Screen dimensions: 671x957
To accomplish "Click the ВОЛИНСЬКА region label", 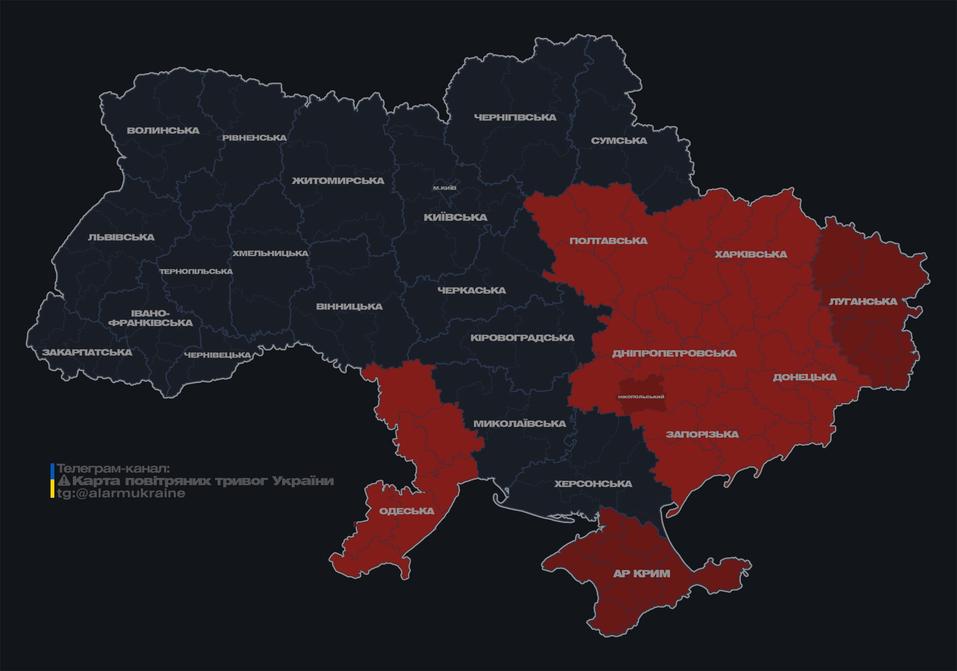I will pos(163,131).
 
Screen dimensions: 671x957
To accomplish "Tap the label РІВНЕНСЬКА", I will pos(254,138).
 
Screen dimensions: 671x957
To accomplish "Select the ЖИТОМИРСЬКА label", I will pos(338,181).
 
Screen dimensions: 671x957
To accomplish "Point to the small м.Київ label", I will pos(445,188).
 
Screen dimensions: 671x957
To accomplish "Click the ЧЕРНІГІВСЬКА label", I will pos(515,117).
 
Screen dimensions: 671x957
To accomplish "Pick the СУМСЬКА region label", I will pos(619,141).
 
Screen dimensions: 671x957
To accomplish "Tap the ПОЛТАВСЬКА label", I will pos(608,241).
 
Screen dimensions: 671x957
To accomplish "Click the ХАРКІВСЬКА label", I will pos(751,254).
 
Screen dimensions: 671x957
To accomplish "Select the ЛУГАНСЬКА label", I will pos(863,301).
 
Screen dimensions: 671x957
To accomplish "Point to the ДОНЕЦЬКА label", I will pos(805,377).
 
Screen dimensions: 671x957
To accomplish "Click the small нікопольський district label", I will pos(641,396).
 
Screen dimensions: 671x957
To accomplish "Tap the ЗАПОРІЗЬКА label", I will pos(702,434).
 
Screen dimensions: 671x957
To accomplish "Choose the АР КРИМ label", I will pos(641,573).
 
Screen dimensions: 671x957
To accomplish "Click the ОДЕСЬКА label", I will pos(407,511).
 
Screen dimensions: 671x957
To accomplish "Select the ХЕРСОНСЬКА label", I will pos(593,484).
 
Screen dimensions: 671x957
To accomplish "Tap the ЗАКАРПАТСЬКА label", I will pos(87,352).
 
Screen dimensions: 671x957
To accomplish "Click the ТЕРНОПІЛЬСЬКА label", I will pos(196,271).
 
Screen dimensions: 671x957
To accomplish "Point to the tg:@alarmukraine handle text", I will pos(121,493).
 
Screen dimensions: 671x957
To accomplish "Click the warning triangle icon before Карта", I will pos(64,481).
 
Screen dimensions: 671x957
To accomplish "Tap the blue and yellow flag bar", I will pos(52,480).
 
